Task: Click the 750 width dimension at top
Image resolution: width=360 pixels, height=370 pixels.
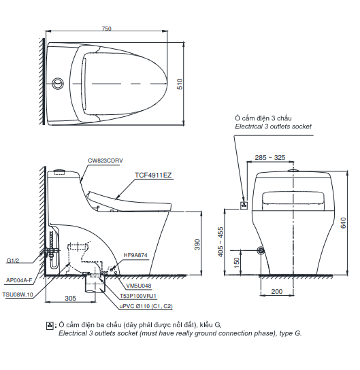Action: coord(106,29)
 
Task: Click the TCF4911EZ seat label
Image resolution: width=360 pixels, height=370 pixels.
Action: coord(153,175)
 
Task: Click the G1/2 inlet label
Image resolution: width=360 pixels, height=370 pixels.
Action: coord(14,260)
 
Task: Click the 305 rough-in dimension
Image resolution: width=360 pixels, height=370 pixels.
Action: coord(70,299)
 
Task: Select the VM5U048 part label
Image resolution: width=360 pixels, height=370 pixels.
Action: coord(139,286)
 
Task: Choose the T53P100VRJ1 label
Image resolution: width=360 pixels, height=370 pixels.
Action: coord(138,297)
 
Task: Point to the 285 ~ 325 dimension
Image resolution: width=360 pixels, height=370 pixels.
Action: coord(270,157)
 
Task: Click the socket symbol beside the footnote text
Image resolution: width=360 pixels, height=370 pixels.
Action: coord(49,326)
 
